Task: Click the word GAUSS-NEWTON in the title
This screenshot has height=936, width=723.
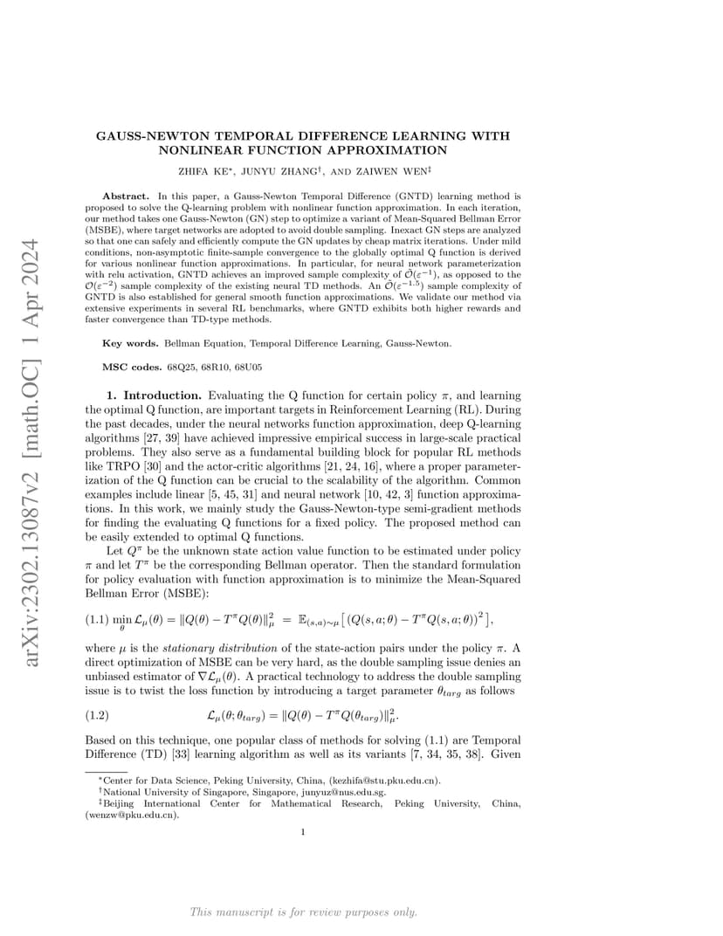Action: [142, 136]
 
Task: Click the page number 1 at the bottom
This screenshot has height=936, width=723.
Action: [302, 832]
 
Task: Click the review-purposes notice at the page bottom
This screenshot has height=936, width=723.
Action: [303, 912]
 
